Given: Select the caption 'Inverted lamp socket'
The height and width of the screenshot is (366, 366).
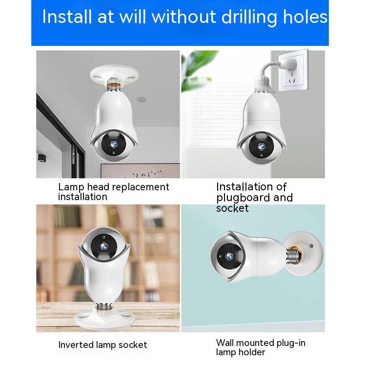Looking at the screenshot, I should click(102, 345).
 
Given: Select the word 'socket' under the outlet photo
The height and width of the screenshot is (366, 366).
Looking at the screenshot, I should click(232, 208).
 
